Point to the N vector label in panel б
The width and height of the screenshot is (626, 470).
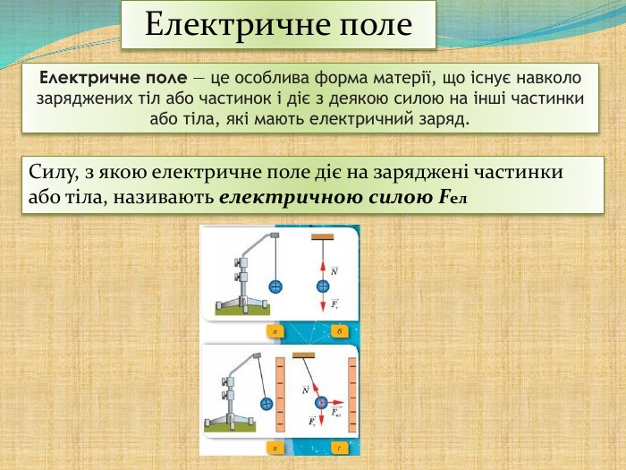coord(334,269)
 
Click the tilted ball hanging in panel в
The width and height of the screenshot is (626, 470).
coord(266,404)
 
